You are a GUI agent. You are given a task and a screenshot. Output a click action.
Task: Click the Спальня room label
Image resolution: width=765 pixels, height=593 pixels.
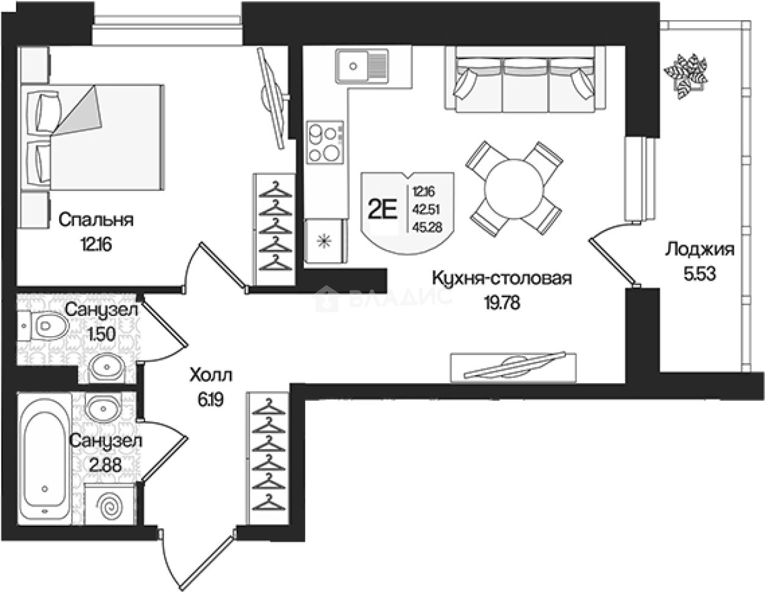click(96, 219)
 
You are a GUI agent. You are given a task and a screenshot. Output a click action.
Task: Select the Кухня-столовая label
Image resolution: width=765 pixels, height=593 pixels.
click(501, 279)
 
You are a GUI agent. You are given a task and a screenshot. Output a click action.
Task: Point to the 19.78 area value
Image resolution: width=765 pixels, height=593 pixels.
click(501, 303)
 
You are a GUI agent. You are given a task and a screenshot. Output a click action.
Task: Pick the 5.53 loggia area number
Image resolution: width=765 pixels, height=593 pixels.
click(699, 274)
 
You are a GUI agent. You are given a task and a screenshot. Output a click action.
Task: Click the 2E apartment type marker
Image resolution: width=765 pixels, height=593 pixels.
click(382, 210)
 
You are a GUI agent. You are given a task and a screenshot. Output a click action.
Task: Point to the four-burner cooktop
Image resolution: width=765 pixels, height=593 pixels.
click(324, 142)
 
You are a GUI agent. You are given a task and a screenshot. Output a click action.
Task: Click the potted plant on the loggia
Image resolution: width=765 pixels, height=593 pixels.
click(687, 75)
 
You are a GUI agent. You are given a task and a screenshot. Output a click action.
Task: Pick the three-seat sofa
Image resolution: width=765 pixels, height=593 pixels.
click(525, 82)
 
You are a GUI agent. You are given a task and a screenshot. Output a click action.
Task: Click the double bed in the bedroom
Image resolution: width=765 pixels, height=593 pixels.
click(95, 137)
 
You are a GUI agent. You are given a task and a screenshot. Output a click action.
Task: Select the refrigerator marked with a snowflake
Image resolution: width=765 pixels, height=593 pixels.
click(325, 240)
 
